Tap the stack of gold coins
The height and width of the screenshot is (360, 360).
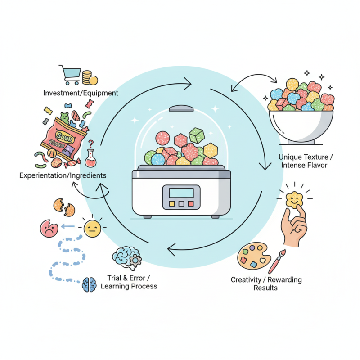point(88,78)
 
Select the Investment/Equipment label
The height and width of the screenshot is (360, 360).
point(81,93)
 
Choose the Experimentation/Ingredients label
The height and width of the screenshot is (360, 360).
point(63,175)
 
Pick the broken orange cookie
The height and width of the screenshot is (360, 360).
point(64,206)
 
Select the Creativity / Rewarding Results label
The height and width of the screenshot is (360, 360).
point(266,283)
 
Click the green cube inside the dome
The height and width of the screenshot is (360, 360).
point(197,135)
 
